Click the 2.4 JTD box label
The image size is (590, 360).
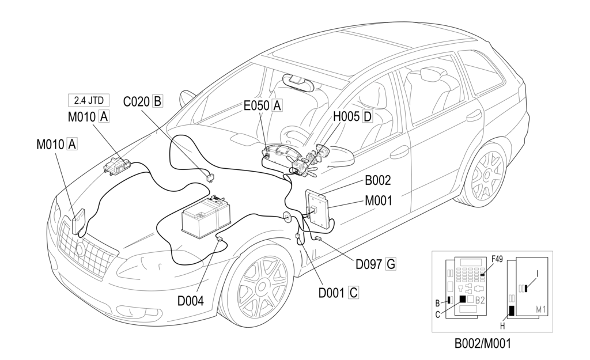coord(88,100)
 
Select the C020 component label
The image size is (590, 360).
coord(137,101)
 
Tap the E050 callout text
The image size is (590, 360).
coord(256,106)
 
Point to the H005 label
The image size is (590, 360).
coord(346,116)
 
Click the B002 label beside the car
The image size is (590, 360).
coord(378,180)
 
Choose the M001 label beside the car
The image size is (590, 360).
coord(378,201)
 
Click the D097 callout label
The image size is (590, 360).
coord(369,264)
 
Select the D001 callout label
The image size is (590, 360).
coord(332,292)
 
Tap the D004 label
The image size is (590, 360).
coord(191,301)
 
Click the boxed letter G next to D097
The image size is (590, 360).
coord(391,264)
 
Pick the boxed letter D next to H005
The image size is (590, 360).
coord(367,116)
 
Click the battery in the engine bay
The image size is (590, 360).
coord(206,216)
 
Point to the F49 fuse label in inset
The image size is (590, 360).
coord(497,259)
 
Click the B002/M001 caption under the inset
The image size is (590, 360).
coord(483,343)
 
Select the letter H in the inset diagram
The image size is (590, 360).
coord(502,326)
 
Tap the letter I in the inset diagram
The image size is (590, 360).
coord(538,275)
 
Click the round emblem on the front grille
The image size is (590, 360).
coord(80,249)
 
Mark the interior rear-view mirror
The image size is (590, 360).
coord(298,80)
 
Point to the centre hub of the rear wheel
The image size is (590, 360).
coord(486,175)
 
